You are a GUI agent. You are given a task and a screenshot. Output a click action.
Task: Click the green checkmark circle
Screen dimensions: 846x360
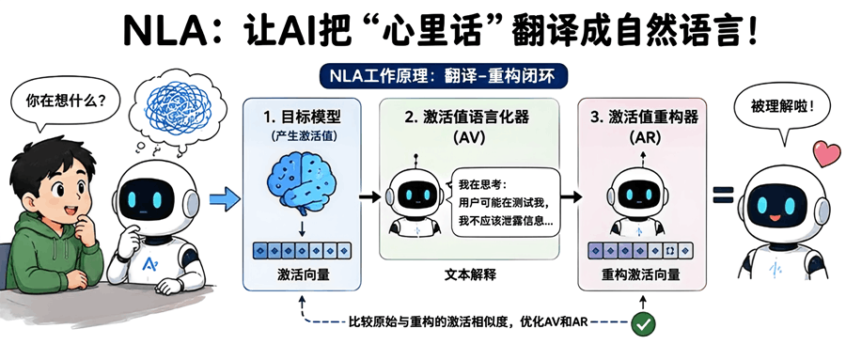click(643, 324)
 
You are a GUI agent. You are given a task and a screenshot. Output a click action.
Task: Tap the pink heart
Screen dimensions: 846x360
click(826, 153)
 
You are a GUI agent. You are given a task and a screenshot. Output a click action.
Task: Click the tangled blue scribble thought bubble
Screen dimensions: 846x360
click(174, 107)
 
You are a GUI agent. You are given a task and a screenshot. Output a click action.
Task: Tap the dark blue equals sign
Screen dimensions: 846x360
click(723, 195)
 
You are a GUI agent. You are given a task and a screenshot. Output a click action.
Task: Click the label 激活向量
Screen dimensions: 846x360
click(302, 275)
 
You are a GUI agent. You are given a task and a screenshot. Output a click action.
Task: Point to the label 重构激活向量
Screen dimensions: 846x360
click(640, 275)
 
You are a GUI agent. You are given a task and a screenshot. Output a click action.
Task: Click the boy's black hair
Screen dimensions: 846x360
click(46, 162)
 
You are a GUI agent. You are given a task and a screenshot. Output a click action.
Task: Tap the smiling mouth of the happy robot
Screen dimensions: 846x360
click(775, 220)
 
